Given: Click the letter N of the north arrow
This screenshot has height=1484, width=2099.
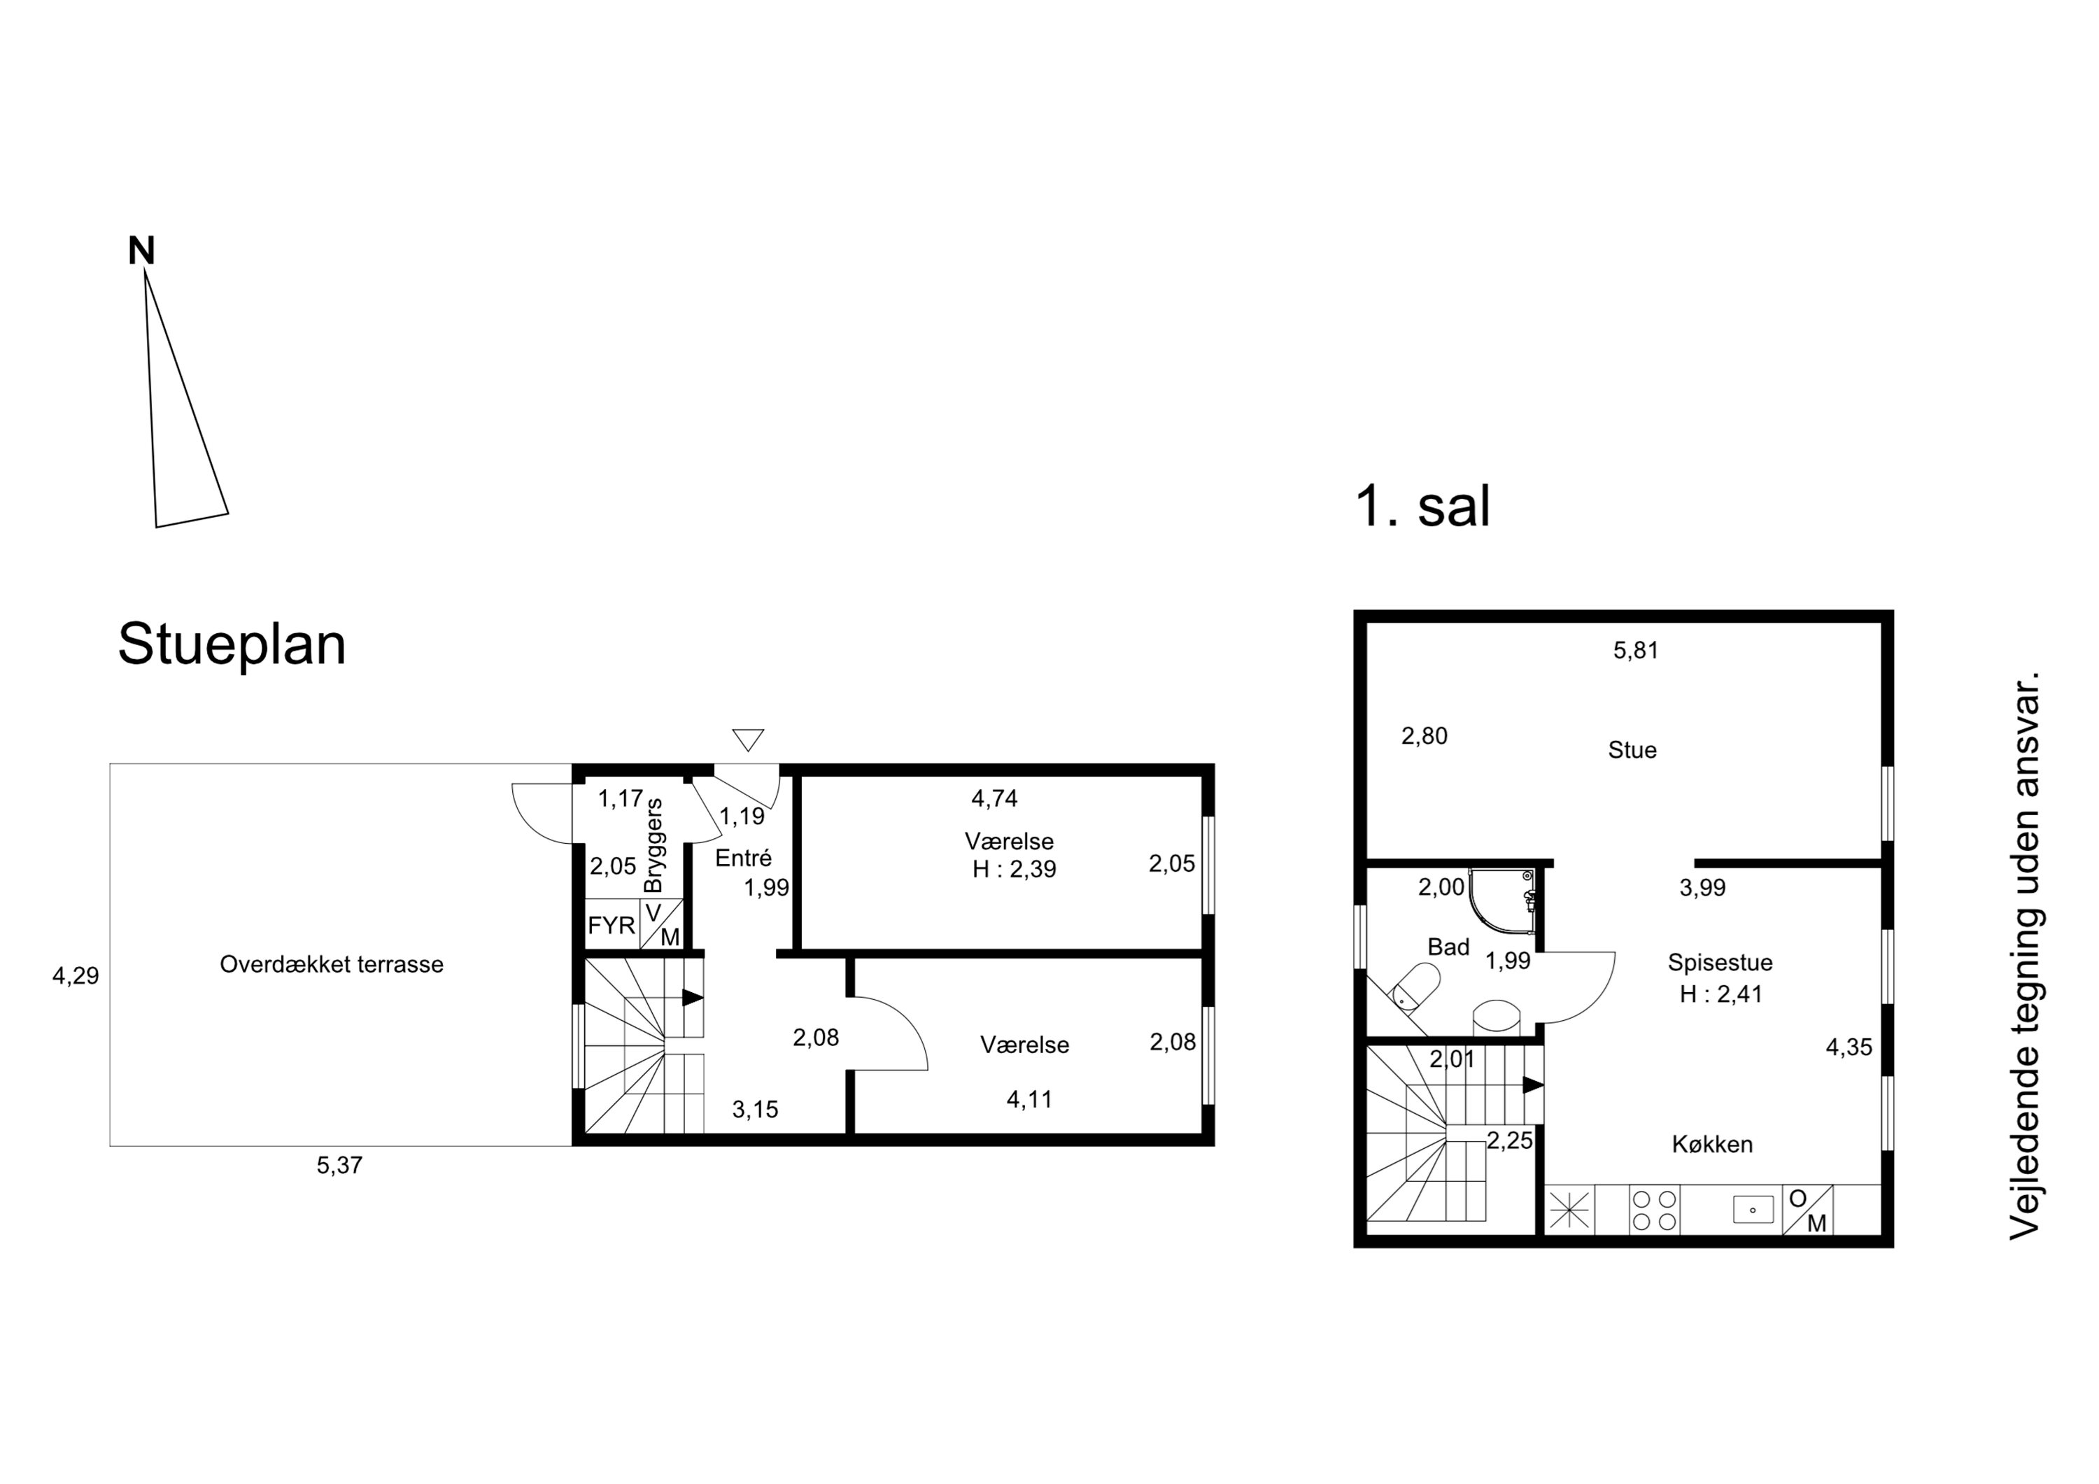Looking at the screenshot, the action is [142, 250].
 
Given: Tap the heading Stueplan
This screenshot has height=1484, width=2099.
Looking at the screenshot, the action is [232, 644].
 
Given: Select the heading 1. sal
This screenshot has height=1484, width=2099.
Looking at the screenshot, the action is [1422, 506].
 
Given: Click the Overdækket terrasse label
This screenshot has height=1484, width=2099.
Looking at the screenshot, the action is [332, 965].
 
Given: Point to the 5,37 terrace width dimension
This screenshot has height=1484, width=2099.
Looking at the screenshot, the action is [340, 1166].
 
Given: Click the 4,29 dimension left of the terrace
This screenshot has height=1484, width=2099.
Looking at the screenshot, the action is [76, 977].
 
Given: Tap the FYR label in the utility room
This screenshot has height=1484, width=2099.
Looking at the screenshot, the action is [612, 926].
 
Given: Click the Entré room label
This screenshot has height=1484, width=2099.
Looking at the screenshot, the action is [743, 858].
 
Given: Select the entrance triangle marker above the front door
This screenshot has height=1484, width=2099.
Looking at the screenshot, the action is [748, 740].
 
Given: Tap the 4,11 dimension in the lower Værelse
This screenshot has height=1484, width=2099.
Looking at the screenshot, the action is [1029, 1099].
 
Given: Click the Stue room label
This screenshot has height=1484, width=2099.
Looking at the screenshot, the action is [1632, 750].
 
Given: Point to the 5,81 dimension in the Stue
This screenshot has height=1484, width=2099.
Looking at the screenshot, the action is [1636, 650].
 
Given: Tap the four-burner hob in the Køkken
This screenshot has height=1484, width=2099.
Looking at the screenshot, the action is [1655, 1210].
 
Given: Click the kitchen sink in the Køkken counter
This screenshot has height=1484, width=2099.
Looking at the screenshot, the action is [1753, 1210].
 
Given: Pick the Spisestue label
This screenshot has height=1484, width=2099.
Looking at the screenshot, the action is [1720, 962].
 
